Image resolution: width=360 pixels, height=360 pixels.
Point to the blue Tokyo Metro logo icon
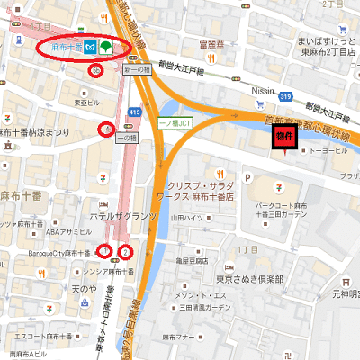pyautogui.click(x=92, y=47)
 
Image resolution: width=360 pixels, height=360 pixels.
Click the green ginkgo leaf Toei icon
pyautogui.click(x=106, y=47)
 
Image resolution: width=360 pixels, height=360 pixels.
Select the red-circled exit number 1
pyautogui.click(x=105, y=251)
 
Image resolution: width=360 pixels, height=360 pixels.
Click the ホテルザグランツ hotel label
pyautogui.click(x=124, y=217)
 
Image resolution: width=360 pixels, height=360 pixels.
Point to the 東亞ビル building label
pyautogui.click(x=86, y=102)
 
